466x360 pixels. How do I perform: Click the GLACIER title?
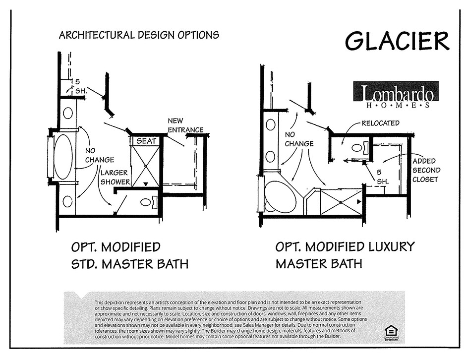coord(397,41)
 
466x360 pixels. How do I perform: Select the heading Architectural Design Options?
coord(139,35)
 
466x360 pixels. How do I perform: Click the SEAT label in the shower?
coord(146,141)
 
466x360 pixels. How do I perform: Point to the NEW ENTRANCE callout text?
coord(185,125)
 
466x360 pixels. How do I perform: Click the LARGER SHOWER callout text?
coord(115,177)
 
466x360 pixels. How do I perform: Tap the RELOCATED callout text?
coord(380,123)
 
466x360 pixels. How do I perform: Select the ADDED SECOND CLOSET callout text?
coord(426,170)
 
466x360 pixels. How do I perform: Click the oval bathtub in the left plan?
coord(63,157)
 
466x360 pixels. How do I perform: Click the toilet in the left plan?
coord(147,202)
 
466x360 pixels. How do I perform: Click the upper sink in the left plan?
coord(67,113)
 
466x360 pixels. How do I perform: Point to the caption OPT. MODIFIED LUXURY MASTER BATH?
coord(345,255)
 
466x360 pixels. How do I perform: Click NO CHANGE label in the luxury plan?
coord(299,139)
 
